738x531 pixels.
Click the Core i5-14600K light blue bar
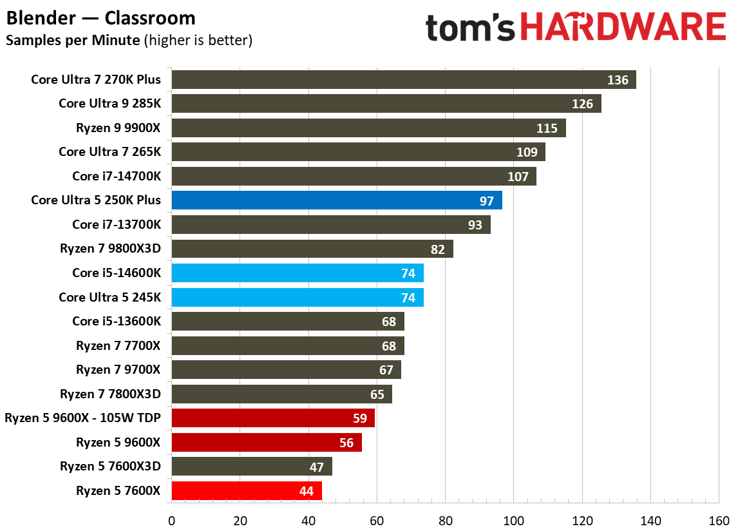pyautogui.click(x=297, y=273)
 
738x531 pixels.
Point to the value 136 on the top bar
pyautogui.click(x=618, y=80)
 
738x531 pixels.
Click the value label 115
pyautogui.click(x=547, y=128)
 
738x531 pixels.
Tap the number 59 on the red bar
pyautogui.click(x=360, y=419)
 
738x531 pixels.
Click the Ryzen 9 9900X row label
pyautogui.click(x=118, y=128)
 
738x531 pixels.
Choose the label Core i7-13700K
pyautogui.click(x=117, y=224)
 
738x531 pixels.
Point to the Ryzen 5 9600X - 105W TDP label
pyautogui.click(x=82, y=418)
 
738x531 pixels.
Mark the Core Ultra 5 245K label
pyautogui.click(x=109, y=297)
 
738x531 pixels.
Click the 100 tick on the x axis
pyautogui.click(x=513, y=519)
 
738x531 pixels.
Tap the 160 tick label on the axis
pyautogui.click(x=719, y=519)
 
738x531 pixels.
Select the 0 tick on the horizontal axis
pyautogui.click(x=171, y=519)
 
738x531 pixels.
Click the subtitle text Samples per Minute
pyautogui.click(x=72, y=41)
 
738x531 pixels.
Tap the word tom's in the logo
pyautogui.click(x=471, y=28)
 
